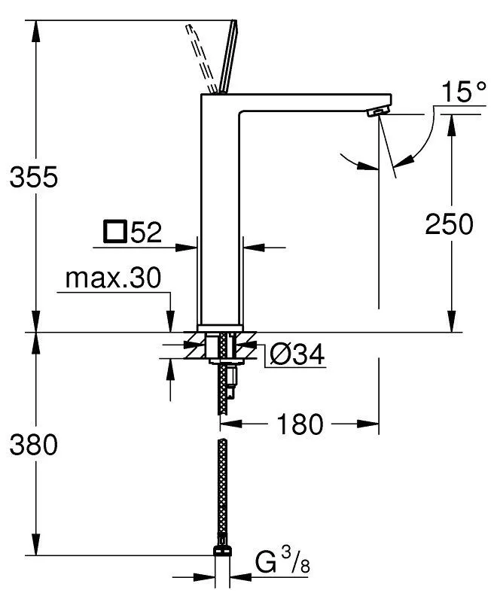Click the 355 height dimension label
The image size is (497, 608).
(33, 178)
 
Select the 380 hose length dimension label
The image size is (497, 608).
(33, 445)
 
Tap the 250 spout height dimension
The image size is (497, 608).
(450, 223)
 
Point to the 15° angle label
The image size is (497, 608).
(463, 93)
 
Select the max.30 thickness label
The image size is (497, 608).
(113, 279)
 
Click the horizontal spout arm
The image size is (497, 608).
(301, 105)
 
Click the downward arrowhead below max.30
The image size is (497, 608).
(171, 324)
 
